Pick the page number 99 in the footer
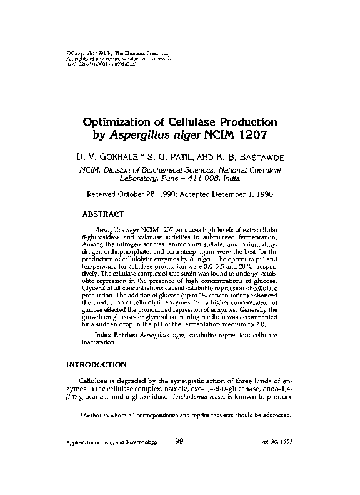[x=179, y=442]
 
